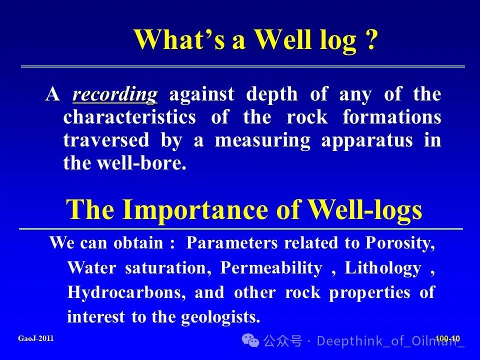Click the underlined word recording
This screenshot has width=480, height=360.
pyautogui.click(x=115, y=95)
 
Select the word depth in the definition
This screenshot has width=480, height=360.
pyautogui.click(x=272, y=94)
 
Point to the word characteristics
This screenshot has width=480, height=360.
pyautogui.click(x=129, y=117)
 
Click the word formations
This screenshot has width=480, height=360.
pyautogui.click(x=392, y=117)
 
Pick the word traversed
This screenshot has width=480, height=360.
pyautogui.click(x=106, y=140)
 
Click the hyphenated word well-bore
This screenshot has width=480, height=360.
pyautogui.click(x=141, y=163)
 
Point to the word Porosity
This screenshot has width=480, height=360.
pyautogui.click(x=400, y=243)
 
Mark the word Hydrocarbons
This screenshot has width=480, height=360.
pyautogui.click(x=126, y=292)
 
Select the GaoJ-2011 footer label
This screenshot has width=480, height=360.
pyautogui.click(x=36, y=338)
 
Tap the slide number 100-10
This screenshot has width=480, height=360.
pyautogui.click(x=447, y=338)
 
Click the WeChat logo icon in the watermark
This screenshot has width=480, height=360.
pyautogui.click(x=250, y=340)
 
